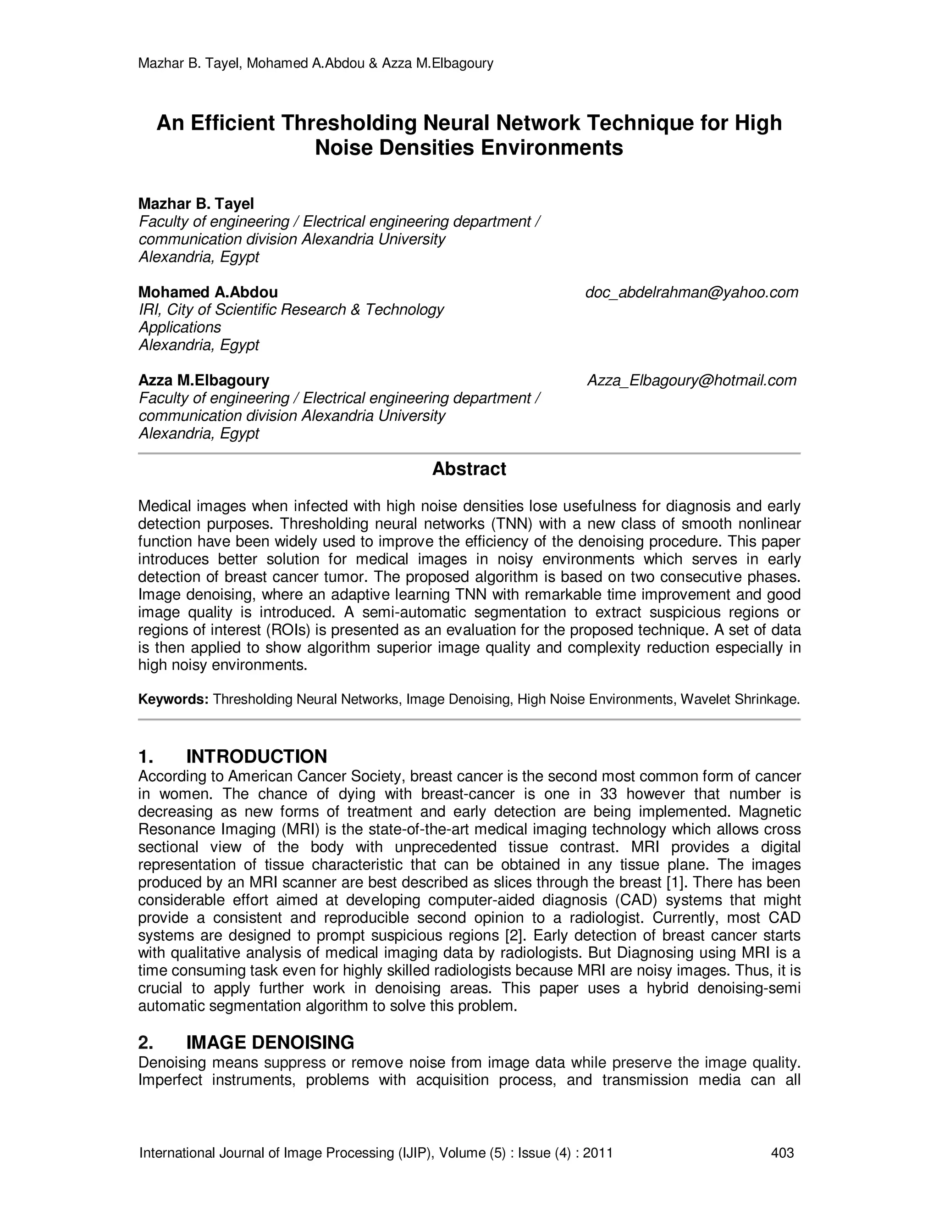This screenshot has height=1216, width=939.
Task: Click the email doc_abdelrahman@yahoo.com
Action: (x=691, y=292)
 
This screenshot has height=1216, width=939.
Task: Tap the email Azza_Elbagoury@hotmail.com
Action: (x=692, y=380)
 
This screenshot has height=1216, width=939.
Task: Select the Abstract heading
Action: (x=469, y=469)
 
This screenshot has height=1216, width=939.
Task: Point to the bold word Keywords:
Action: (x=173, y=699)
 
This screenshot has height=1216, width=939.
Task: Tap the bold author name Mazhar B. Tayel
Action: (x=196, y=204)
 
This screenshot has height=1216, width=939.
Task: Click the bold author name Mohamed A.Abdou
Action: (x=208, y=292)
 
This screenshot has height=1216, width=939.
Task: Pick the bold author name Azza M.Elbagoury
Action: (x=204, y=380)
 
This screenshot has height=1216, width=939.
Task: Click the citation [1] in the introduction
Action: (x=676, y=882)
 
